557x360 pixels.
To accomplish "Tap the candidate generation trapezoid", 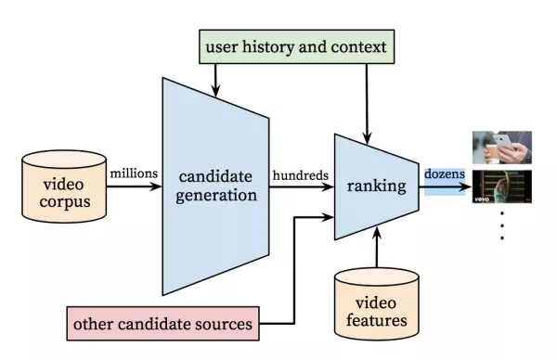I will click(215, 186).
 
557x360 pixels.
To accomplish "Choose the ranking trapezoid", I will click(376, 186).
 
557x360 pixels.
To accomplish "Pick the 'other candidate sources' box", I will click(162, 325).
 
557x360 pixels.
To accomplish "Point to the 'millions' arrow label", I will click(133, 172).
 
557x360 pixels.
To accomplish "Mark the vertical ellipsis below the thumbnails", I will click(502, 225).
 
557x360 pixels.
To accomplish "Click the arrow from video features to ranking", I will click(377, 249).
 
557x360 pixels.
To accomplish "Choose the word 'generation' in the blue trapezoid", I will click(215, 195).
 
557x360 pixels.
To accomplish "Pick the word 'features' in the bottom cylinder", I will click(377, 321).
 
